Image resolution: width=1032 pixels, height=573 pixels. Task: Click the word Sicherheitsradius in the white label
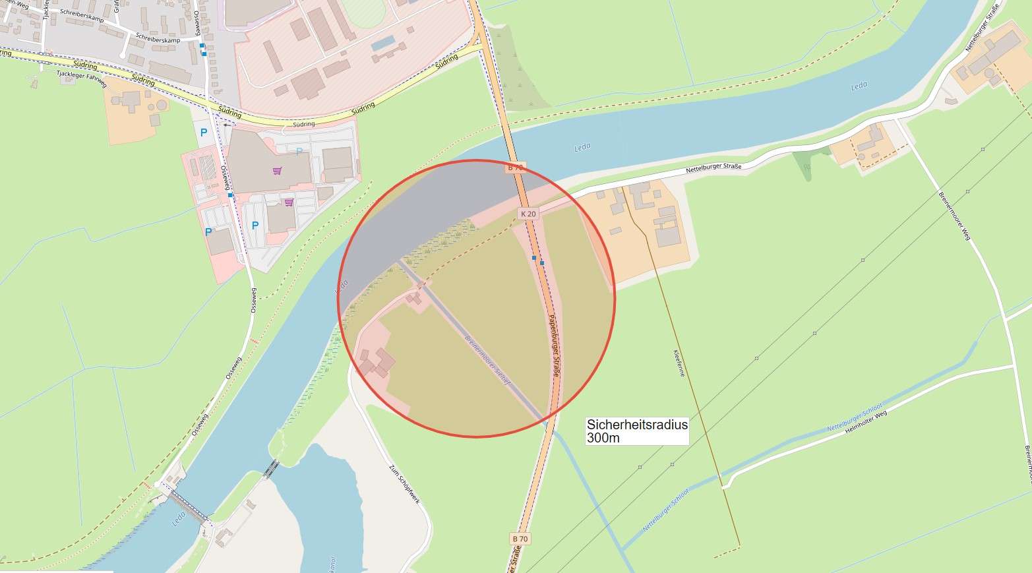(637, 425)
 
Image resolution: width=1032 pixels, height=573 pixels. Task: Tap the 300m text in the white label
(603, 438)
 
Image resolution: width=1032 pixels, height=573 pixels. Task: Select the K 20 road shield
(528, 214)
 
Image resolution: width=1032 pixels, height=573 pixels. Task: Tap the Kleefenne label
(679, 363)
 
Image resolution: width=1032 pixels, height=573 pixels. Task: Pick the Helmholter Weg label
(866, 421)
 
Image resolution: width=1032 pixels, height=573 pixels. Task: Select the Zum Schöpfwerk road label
(404, 484)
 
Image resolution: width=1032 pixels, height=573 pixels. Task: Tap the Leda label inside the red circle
(342, 287)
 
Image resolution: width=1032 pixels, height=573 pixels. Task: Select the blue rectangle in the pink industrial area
(383, 44)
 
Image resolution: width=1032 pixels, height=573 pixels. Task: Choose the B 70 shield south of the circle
(520, 539)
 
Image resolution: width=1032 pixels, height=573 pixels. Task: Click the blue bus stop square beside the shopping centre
(230, 195)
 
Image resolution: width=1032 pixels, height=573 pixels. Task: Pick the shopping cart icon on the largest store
(277, 171)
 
